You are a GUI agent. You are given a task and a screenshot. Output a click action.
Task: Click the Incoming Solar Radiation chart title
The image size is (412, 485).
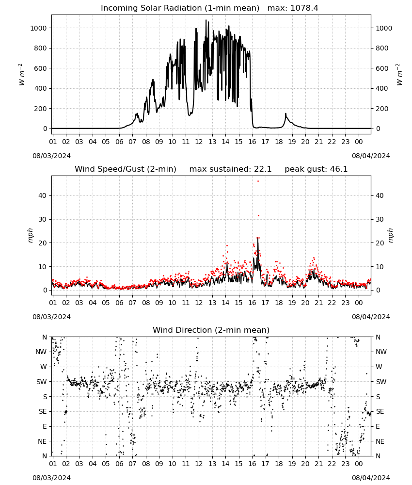pos(180,8)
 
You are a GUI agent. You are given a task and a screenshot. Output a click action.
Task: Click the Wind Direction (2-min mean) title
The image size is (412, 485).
pos(211,330)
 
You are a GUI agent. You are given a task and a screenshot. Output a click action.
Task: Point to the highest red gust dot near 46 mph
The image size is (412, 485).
pos(258,181)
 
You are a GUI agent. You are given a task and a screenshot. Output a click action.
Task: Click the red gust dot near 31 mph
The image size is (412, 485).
pos(258,216)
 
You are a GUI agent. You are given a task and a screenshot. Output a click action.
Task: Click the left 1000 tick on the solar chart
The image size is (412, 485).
pos(38,28)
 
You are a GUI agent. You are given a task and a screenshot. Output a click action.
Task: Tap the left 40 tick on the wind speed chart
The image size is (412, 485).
pos(43,195)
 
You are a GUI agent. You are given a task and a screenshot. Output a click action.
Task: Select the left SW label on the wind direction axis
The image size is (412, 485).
pos(42,382)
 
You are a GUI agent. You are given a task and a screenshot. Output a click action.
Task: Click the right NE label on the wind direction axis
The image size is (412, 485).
pos(380,441)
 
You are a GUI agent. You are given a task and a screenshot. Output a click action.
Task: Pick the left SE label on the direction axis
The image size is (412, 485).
pos(43,411)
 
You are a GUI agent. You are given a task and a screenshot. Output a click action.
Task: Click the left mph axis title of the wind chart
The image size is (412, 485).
pos(30,235)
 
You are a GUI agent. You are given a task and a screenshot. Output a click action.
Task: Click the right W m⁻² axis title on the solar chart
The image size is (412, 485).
pos(399,75)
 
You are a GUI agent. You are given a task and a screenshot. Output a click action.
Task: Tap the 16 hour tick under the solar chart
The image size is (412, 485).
pos(252,142)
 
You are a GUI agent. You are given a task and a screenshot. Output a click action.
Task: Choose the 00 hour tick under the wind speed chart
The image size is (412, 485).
pos(359,303)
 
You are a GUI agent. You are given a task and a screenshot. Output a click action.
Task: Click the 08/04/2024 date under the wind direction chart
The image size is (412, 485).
pos(371,478)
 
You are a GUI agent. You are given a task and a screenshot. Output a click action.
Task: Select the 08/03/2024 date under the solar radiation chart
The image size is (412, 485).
pos(51,156)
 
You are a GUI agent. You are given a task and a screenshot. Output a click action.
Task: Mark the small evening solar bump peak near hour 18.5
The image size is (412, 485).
pos(285,114)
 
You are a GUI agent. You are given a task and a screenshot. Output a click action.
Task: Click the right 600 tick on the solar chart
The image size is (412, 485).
pos(382,68)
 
